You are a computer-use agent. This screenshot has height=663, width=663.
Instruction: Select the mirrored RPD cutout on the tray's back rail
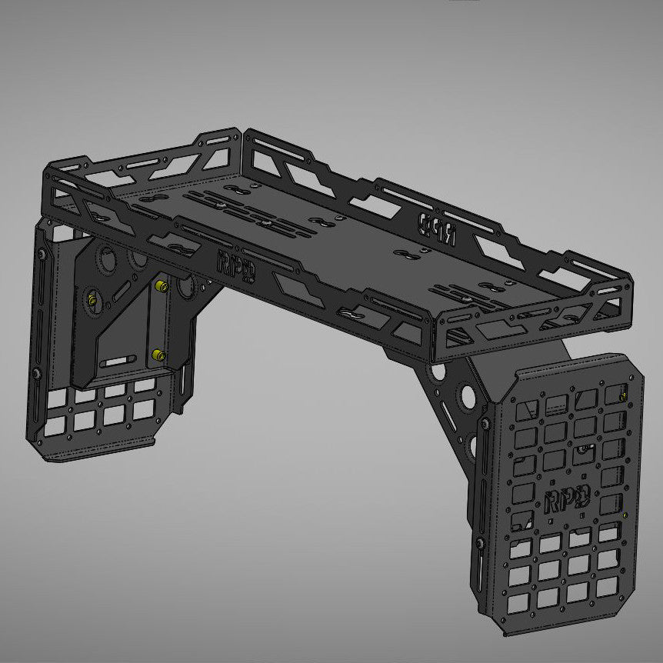tap(435, 226)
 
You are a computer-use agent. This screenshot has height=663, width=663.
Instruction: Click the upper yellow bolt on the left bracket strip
tap(161, 286)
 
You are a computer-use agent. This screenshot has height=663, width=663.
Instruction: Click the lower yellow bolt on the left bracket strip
tap(157, 355)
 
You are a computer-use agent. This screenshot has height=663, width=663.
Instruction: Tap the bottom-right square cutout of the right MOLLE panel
tap(608, 586)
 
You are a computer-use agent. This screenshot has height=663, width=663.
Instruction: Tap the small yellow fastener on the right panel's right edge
tap(625, 515)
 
